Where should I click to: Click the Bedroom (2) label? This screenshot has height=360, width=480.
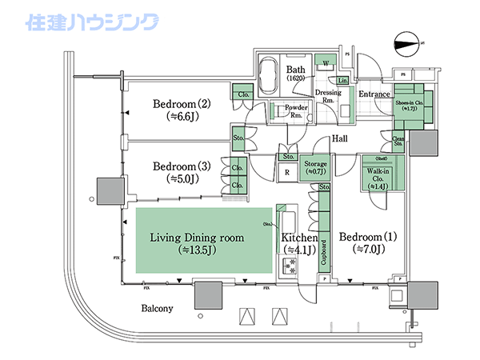[181, 103]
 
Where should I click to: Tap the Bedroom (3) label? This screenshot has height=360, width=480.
[181, 166]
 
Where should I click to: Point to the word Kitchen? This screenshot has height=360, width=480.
[300, 238]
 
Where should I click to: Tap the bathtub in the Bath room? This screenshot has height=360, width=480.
[270, 76]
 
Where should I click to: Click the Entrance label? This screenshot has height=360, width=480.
[374, 95]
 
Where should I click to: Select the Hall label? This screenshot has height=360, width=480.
[340, 138]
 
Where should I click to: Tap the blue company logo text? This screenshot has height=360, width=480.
[92, 22]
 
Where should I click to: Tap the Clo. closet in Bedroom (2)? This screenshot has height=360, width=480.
[242, 94]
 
